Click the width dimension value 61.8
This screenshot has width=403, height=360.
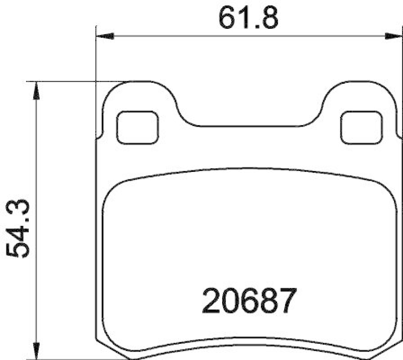[x=248, y=18]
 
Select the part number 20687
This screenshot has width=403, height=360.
[x=247, y=301]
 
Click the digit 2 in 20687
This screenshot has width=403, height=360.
[x=211, y=301]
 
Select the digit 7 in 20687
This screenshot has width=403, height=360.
[x=284, y=301]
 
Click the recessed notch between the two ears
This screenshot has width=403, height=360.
[x=249, y=124]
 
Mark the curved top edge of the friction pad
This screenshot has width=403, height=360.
[x=249, y=169]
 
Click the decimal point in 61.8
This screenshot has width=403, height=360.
[x=253, y=26]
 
